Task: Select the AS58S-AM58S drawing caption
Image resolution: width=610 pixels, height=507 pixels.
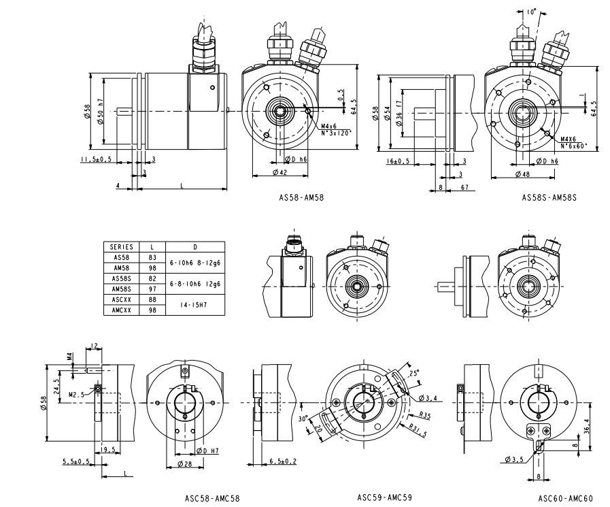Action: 549,198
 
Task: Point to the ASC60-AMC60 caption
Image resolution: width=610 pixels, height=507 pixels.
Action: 565,498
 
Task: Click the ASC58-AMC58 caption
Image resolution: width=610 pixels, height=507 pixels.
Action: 212,497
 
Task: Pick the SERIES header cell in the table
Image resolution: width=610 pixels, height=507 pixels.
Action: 121,247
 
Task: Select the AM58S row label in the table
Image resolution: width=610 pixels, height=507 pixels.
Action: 121,289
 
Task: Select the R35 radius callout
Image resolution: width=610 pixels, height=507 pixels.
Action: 426,414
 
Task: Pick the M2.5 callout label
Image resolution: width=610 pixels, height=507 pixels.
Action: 77,393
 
